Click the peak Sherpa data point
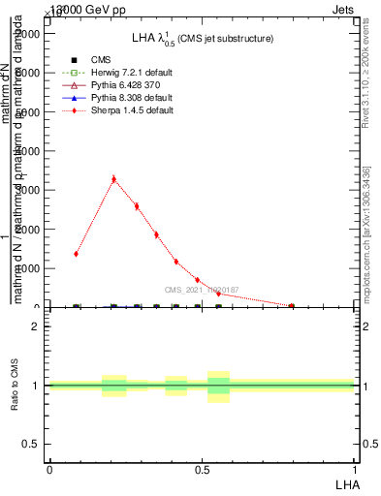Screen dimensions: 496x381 [113, 179]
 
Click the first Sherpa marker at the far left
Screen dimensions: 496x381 [76, 254]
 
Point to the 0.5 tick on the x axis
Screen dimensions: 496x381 [202, 468]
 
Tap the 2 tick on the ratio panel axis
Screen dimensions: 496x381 [35, 326]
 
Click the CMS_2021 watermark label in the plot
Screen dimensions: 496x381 [201, 290]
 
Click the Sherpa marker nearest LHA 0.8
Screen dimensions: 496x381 [292, 306]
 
